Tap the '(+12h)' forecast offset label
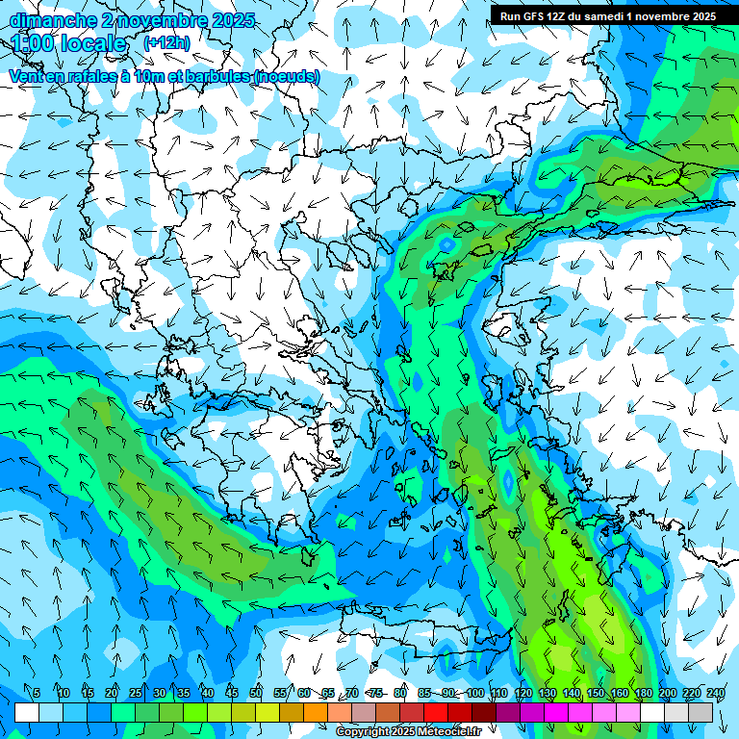[x=166, y=42]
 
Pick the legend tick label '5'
[x=37, y=694]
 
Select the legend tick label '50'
[x=256, y=694]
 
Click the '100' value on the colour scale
[x=474, y=694]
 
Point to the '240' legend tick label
[x=715, y=694]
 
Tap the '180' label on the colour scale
[x=643, y=694]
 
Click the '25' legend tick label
[x=135, y=694]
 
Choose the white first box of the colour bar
[x=27, y=712]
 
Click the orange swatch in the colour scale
[x=316, y=712]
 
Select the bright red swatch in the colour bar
[x=436, y=712]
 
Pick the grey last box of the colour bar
[x=701, y=712]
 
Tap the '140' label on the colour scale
[x=571, y=694]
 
